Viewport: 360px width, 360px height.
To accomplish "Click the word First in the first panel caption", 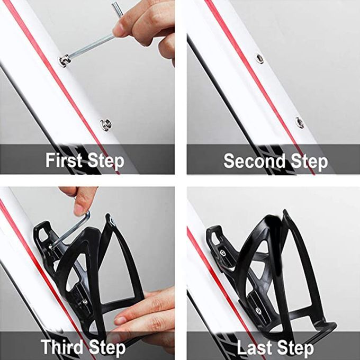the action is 64,160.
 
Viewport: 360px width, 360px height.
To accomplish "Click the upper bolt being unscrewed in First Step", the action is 64,60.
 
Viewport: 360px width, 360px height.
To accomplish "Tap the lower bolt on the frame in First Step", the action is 106,124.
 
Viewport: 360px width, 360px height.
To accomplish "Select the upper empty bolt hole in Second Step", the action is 259,59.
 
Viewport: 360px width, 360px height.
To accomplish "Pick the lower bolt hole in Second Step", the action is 300,122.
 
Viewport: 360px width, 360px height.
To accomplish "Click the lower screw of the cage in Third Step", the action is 85,301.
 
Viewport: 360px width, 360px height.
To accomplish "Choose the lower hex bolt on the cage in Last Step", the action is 258,310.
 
